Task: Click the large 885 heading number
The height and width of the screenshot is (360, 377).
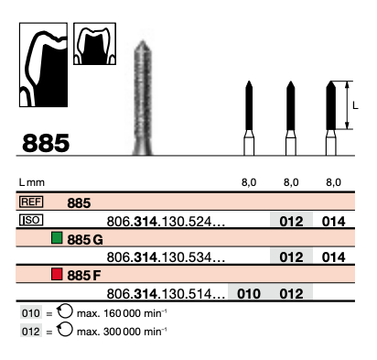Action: coord(46,143)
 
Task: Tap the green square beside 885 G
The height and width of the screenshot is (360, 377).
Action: coord(57,238)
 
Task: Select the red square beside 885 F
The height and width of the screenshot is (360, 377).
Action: coord(57,274)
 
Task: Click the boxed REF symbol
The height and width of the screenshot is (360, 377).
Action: coord(31,202)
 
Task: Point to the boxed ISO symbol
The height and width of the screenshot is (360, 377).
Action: coord(31,220)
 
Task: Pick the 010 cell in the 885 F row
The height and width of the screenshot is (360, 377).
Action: coord(249,294)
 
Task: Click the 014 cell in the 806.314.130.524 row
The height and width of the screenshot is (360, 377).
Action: coord(333,222)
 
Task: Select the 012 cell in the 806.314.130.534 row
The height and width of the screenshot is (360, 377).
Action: coord(291,257)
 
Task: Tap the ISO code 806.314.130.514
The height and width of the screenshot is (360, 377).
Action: coord(166,294)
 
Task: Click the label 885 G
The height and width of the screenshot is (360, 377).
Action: coord(85,240)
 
